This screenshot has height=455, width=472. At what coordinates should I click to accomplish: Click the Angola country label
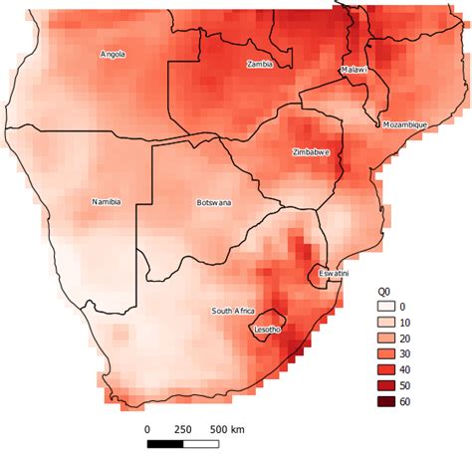(113, 55)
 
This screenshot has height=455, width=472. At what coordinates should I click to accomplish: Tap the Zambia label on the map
(260, 64)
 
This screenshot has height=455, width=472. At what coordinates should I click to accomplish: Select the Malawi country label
(354, 71)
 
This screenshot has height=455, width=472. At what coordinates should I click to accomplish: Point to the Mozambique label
(404, 124)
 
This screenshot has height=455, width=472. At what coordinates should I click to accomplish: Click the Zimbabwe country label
(312, 152)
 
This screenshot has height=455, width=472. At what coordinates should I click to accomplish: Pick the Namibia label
(106, 202)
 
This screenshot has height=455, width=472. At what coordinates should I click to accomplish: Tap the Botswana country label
(213, 203)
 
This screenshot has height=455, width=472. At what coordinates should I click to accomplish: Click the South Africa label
(233, 312)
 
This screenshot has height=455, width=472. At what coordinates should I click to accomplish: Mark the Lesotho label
(269, 330)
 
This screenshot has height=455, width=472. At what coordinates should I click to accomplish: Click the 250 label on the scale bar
(183, 430)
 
